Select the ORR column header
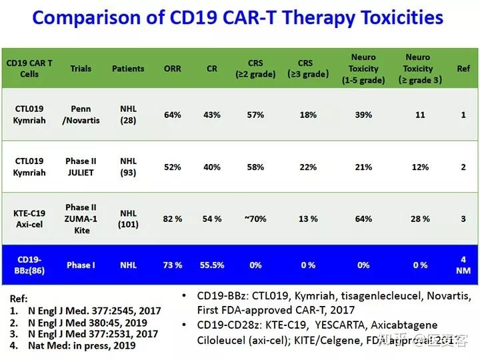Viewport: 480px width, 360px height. pyautogui.click(x=172, y=69)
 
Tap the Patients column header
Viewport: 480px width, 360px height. pyautogui.click(x=128, y=69)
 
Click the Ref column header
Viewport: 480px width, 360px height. pyautogui.click(x=463, y=69)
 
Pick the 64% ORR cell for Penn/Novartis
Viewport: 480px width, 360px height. pyautogui.click(x=172, y=115)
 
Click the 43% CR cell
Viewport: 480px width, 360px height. pyautogui.click(x=212, y=115)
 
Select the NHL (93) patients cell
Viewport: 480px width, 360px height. pyautogui.click(x=128, y=167)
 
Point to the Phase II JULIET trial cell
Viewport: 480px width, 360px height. pyautogui.click(x=81, y=167)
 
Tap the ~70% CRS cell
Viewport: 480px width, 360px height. pyautogui.click(x=255, y=219)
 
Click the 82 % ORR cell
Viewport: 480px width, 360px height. pyautogui.click(x=172, y=219)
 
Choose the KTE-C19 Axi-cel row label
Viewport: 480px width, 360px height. pyautogui.click(x=29, y=219)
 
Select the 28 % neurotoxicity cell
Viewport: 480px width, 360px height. pyautogui.click(x=420, y=219)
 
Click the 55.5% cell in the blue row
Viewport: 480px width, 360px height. pyautogui.click(x=212, y=265)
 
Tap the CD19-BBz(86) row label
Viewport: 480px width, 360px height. pyautogui.click(x=29, y=265)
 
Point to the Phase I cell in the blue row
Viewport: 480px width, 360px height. pyautogui.click(x=81, y=265)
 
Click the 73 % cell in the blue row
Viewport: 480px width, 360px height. pyautogui.click(x=172, y=265)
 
